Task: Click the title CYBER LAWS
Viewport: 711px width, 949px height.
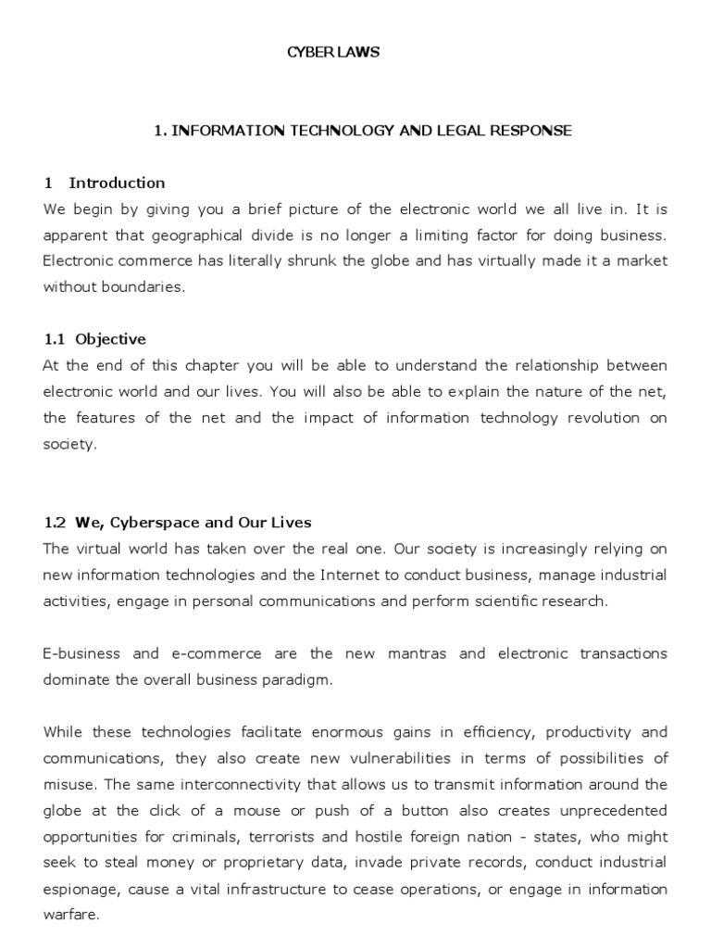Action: [x=332, y=53]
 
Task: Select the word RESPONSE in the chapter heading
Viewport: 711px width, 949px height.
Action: [x=531, y=131]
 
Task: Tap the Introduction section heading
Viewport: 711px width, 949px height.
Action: [x=117, y=183]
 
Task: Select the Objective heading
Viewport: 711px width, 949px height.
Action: [x=110, y=339]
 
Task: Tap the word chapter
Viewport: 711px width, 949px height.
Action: [x=213, y=365]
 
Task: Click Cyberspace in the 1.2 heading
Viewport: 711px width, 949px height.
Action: [x=153, y=523]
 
